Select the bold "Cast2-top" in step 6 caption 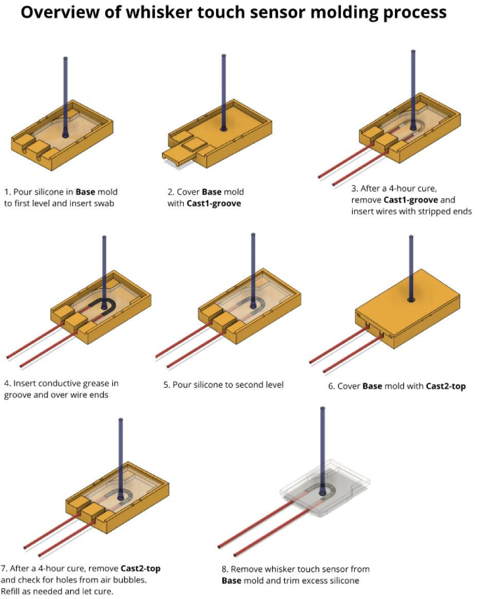point(445,386)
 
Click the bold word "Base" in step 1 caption point(86,192)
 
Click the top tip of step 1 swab point(65,59)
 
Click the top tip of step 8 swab point(323,408)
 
